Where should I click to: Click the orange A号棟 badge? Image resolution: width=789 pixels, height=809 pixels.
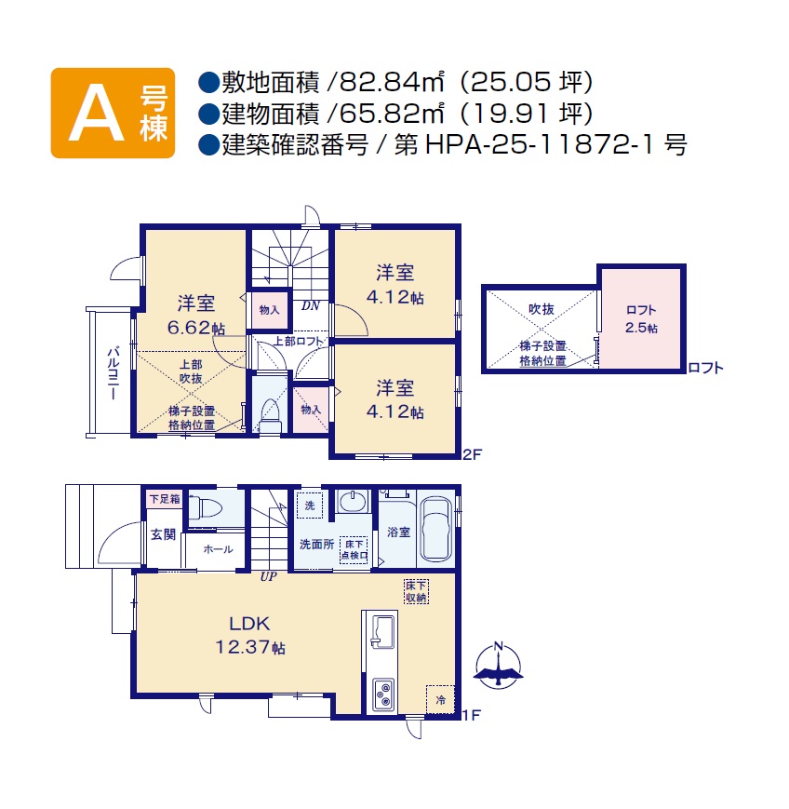coord(113,113)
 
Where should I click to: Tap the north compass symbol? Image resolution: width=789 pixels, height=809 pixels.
coord(498,666)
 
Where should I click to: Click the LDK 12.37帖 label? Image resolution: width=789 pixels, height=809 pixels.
coord(250,635)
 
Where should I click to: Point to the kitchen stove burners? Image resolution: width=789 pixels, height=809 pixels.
coord(383,695)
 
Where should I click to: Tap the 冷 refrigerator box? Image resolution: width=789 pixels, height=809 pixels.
coord(440,700)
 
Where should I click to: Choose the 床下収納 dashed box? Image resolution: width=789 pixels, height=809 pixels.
coord(416,592)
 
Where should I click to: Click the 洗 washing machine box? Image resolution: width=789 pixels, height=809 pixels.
coord(310,506)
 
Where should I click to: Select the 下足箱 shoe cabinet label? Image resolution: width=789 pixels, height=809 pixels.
coord(165,499)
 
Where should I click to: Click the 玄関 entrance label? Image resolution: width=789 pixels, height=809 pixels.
coord(164,534)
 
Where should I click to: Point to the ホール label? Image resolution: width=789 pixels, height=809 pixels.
coord(218,549)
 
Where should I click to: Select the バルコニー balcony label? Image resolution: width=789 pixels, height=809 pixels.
coord(113,373)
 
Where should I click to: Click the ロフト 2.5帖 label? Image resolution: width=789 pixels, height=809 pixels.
coord(641,319)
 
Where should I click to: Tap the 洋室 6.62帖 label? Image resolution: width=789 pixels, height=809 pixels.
coord(196,316)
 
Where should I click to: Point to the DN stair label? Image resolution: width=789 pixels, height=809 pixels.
coord(311,306)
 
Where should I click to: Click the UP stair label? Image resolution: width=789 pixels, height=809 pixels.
coord(268,577)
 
